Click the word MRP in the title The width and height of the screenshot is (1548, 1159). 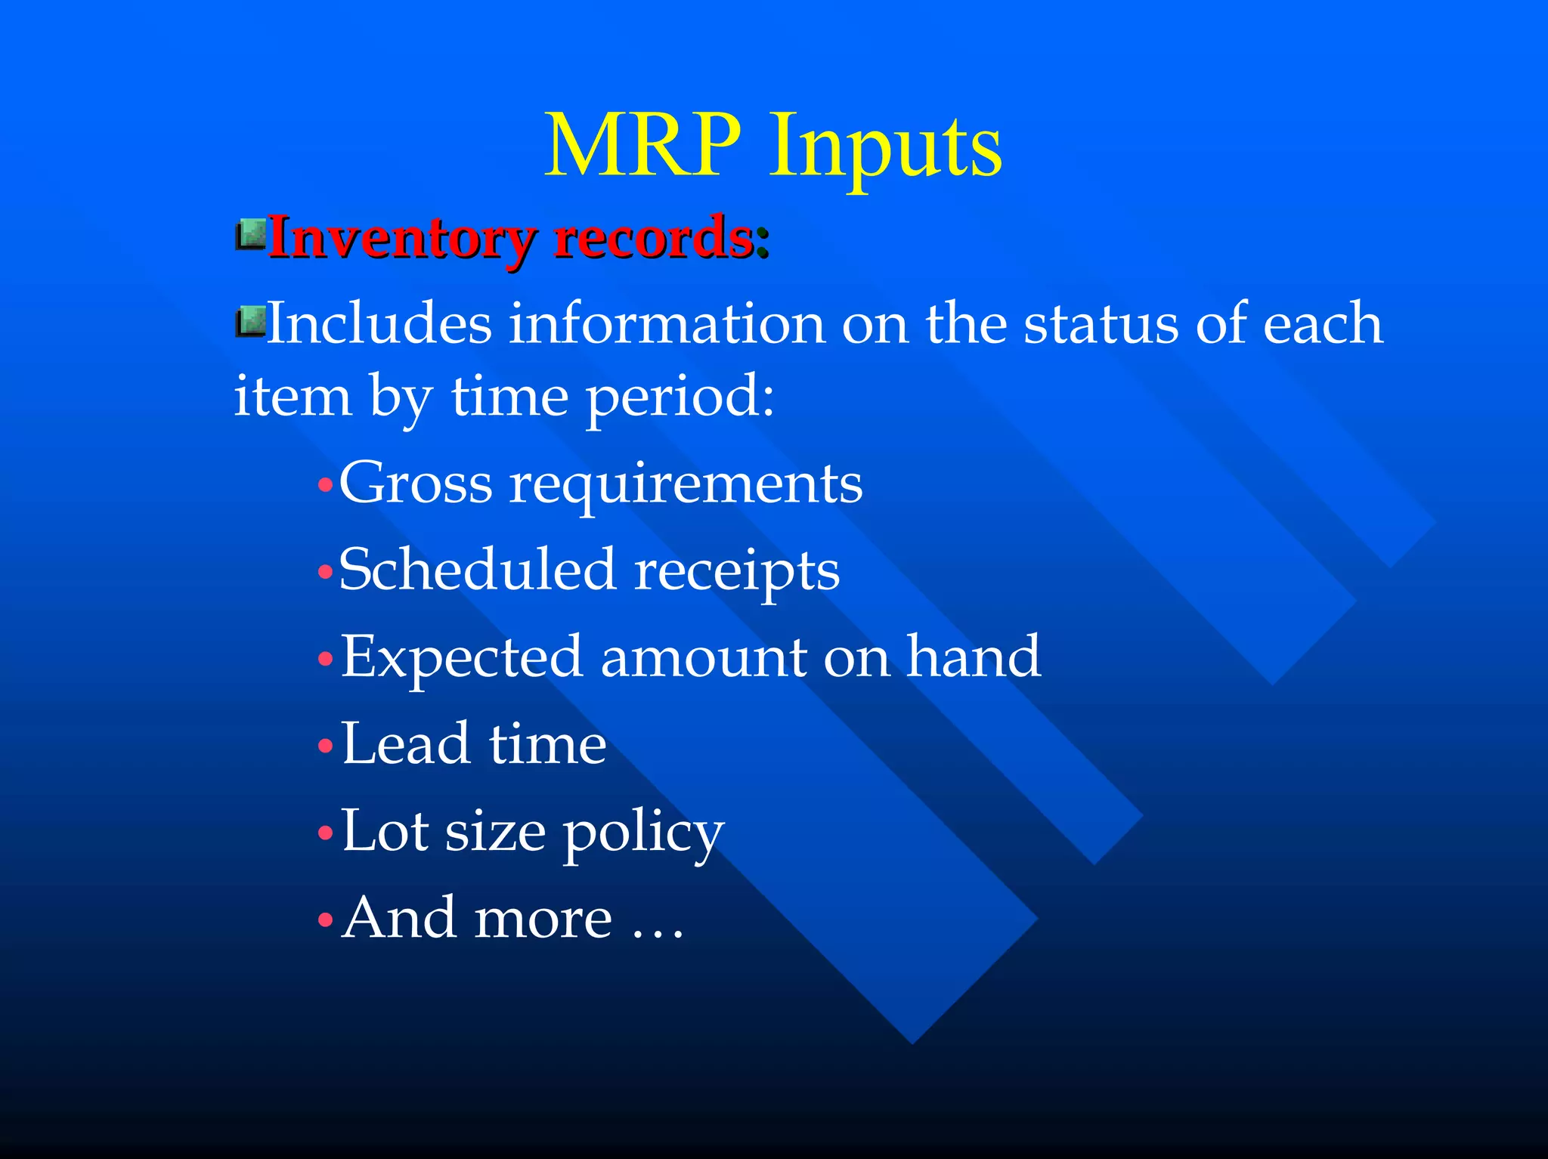(x=642, y=145)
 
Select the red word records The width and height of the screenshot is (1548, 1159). (x=654, y=239)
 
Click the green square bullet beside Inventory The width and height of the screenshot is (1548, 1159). (x=251, y=235)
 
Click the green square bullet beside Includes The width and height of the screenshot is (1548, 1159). (x=251, y=322)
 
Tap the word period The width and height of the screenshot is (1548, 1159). (x=680, y=397)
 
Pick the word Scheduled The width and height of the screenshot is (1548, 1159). (x=477, y=570)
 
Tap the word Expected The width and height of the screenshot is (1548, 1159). (x=461, y=657)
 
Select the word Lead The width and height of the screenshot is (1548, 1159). (x=404, y=743)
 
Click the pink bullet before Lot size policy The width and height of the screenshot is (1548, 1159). (x=326, y=833)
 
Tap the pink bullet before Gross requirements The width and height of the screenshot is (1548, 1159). (x=326, y=484)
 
